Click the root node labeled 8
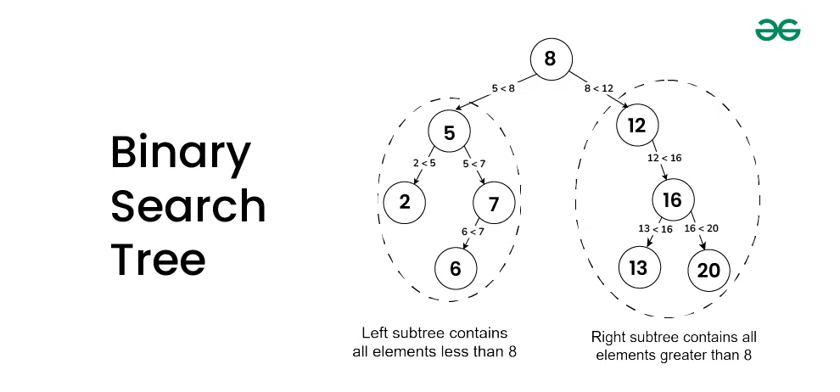pyautogui.click(x=551, y=59)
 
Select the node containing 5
pyautogui.click(x=450, y=132)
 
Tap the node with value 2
pyautogui.click(x=404, y=202)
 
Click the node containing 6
pyautogui.click(x=456, y=269)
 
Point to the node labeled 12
pyautogui.click(x=637, y=126)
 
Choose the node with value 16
pyautogui.click(x=673, y=200)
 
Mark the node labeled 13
pyautogui.click(x=638, y=268)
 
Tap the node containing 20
pyautogui.click(x=708, y=270)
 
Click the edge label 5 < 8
pyautogui.click(x=503, y=88)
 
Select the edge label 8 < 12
pyautogui.click(x=598, y=88)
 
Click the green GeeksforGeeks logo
pyautogui.click(x=778, y=31)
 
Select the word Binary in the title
pyautogui.click(x=180, y=154)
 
